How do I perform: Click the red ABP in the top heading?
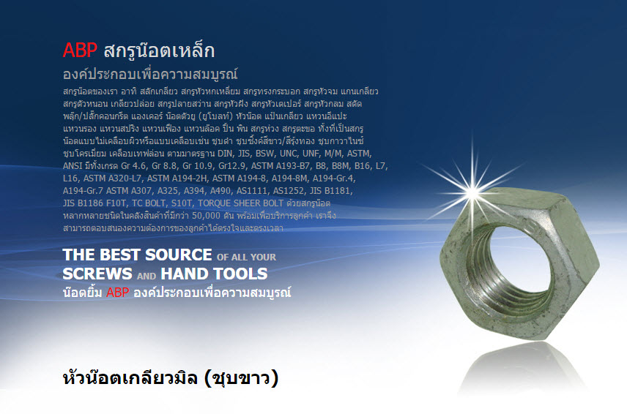tap(80, 50)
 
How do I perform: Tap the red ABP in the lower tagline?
tap(117, 293)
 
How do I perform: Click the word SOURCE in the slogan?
tap(178, 255)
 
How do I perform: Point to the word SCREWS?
tap(97, 274)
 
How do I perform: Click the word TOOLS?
tap(241, 274)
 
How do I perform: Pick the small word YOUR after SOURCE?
tap(263, 257)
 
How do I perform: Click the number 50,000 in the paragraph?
tap(206, 216)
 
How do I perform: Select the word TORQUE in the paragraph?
tap(215, 203)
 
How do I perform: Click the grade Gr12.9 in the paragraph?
tap(232, 166)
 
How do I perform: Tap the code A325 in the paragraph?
tap(168, 191)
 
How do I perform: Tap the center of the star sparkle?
tap(472, 192)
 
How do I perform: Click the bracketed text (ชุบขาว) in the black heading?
tap(241, 377)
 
